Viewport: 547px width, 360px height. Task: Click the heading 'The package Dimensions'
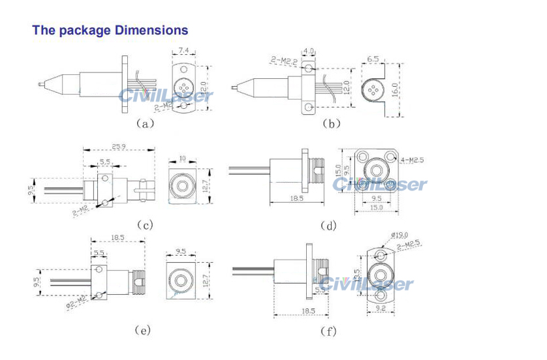pos(110,30)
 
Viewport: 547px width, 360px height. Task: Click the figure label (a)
pos(144,123)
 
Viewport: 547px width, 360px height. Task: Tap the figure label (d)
pos(328,226)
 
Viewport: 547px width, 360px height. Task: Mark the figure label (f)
pos(328,331)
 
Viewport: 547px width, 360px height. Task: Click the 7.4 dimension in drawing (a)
pos(184,50)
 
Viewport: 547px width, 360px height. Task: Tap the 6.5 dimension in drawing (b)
pos(373,59)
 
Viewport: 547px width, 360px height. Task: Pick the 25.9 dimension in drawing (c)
pos(118,147)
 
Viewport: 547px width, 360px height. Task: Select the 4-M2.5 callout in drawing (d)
pos(414,158)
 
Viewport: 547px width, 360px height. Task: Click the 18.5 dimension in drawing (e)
pos(118,239)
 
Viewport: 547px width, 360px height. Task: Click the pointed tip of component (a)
pos(37,83)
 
